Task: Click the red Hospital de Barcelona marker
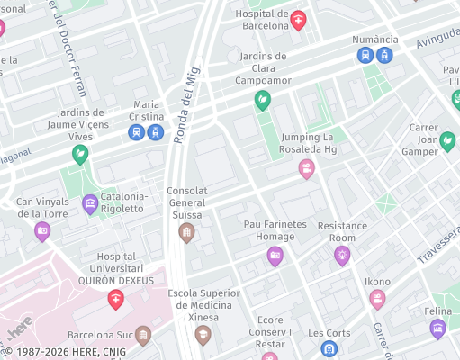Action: pos(298,20)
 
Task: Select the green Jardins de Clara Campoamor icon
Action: pos(263,100)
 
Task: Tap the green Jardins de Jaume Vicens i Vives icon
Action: pos(80,156)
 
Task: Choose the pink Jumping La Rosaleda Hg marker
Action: pos(307,167)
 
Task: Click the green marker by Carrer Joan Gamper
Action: pos(447,141)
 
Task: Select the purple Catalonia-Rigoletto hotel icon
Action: pos(90,203)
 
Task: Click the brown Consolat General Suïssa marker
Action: pos(186,233)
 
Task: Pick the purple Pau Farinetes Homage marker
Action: pos(275,256)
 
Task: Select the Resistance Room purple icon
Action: pos(342,256)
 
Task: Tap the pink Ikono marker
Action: pos(377,298)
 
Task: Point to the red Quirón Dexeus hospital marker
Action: pos(116,299)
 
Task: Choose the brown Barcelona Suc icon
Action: pos(143,335)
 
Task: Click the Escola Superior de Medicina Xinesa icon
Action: pos(203,335)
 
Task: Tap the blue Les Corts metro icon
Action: pos(330,348)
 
